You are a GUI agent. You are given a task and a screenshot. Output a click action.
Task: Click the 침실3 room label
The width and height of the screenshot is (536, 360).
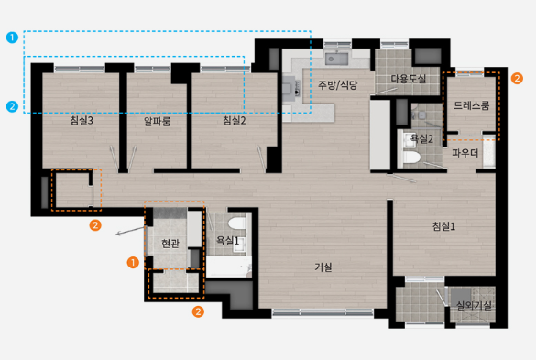click(x=82, y=120)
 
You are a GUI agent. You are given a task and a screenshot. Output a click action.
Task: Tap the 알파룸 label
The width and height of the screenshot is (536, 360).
click(x=157, y=121)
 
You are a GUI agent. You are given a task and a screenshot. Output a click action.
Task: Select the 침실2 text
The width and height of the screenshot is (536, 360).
click(x=235, y=120)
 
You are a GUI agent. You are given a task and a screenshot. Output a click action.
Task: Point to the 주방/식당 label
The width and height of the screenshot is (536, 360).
click(x=338, y=85)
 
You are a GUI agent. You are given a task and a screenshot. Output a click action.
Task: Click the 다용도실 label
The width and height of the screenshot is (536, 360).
click(x=408, y=79)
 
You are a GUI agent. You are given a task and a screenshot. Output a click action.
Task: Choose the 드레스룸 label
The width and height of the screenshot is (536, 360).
click(x=471, y=105)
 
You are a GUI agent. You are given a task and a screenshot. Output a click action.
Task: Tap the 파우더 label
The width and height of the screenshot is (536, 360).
click(x=465, y=153)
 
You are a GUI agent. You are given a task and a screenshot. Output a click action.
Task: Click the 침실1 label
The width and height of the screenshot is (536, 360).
click(x=443, y=226)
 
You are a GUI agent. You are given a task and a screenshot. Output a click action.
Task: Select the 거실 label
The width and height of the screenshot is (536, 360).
click(x=323, y=267)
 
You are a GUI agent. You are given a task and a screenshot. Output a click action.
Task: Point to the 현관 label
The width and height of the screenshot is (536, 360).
click(x=170, y=244)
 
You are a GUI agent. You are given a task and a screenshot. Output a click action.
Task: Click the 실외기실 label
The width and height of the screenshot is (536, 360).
click(x=474, y=305)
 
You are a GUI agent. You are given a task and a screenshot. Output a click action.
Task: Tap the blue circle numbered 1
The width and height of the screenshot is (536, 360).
click(x=12, y=38)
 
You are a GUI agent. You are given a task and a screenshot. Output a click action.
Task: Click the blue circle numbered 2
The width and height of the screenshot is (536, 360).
click(x=12, y=106)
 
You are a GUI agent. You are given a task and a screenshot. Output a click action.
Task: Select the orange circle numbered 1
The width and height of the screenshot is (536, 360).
click(x=133, y=263)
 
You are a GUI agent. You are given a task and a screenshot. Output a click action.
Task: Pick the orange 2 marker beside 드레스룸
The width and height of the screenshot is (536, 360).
click(x=517, y=78)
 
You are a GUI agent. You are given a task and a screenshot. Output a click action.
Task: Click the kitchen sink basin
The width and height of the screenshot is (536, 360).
click(x=336, y=59)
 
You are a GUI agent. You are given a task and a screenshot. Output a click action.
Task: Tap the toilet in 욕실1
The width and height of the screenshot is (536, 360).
click(x=237, y=224)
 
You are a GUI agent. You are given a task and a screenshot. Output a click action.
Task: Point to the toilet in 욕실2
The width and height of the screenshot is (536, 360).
click(x=411, y=158)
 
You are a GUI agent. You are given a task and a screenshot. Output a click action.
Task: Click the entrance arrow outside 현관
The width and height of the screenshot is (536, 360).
click(x=131, y=231)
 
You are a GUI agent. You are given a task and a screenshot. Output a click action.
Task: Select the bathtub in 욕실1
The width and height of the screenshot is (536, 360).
click(x=229, y=267)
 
